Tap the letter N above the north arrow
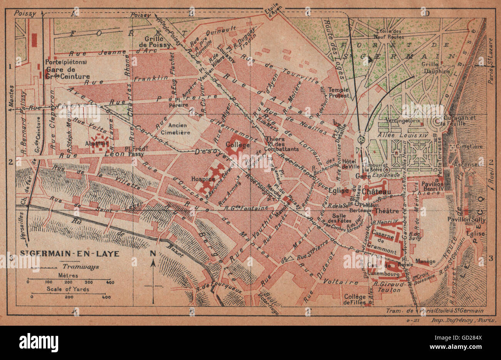153,254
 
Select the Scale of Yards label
68,289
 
